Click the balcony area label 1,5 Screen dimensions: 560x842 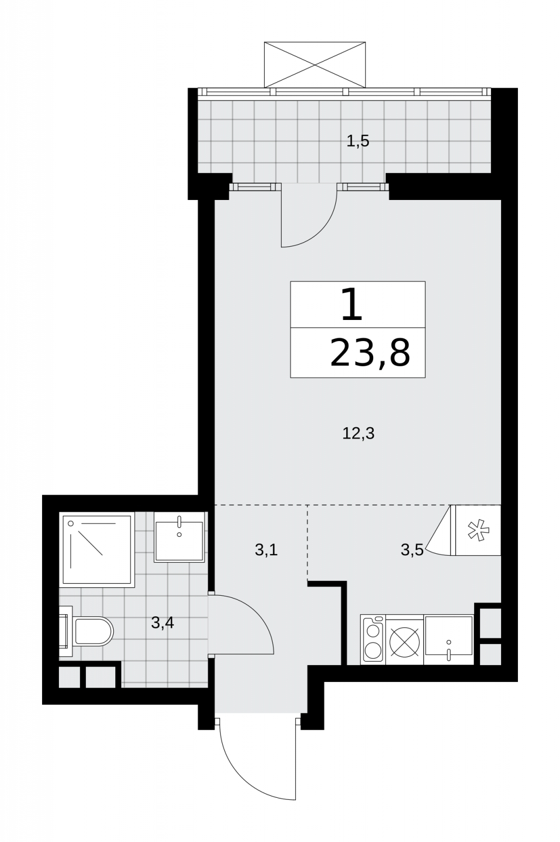[x=357, y=142]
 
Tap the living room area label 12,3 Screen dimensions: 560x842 [x=358, y=434]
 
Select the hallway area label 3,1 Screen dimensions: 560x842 [x=266, y=550]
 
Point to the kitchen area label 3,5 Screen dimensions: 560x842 [x=412, y=550]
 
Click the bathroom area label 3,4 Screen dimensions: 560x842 [x=162, y=623]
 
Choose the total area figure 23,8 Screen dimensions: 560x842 [x=370, y=353]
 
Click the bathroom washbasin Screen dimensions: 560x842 [x=179, y=537]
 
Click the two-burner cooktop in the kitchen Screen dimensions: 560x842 [x=373, y=640]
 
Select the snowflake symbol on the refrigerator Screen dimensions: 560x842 [x=478, y=530]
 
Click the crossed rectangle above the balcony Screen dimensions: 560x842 [x=315, y=65]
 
